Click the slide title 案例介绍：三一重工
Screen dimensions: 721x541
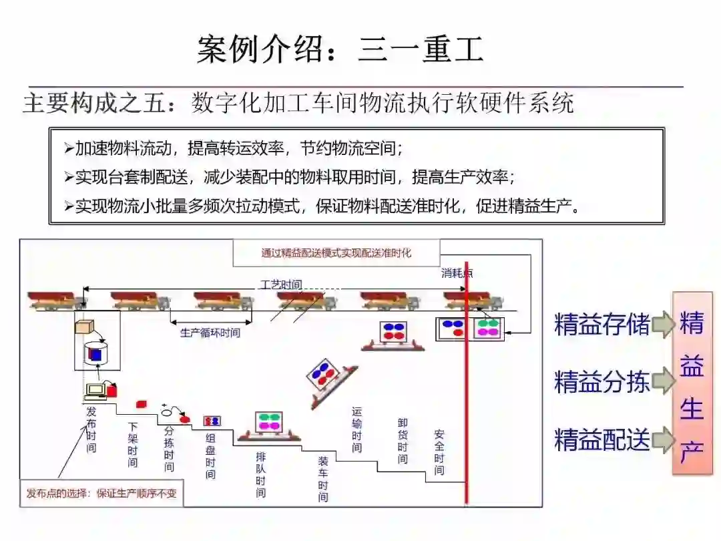(340, 50)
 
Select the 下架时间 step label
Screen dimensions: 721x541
(133, 443)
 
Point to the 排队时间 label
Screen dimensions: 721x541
(260, 474)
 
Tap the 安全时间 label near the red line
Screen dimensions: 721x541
(439, 452)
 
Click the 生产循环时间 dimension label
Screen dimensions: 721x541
(210, 332)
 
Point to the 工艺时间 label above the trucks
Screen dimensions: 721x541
(280, 285)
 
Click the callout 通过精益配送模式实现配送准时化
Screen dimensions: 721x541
(336, 253)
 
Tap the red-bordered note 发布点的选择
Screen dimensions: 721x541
(101, 494)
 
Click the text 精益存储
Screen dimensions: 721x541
(602, 325)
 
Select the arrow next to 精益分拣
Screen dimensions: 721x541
(663, 382)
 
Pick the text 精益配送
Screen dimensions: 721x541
(602, 440)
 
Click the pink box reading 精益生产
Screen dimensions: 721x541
(692, 383)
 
